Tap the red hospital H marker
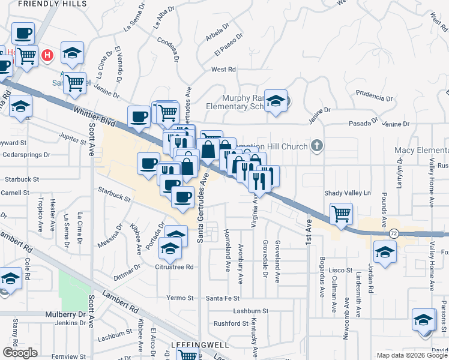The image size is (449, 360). tap(49, 56)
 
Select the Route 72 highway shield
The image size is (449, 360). tap(394, 232)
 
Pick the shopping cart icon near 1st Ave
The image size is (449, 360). tap(341, 213)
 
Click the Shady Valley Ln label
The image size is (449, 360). tap(348, 193)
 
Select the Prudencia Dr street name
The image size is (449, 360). tap(374, 95)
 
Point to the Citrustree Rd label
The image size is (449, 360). tap(174, 266)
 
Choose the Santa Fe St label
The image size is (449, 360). tap(223, 298)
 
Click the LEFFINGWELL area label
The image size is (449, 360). tap(193, 345)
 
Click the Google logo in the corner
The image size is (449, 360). tap(20, 353)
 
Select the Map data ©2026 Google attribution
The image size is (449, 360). tap(411, 355)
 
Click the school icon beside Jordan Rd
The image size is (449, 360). tap(384, 252)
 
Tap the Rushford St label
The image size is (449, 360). tap(231, 324)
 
